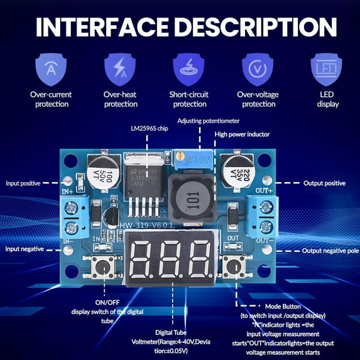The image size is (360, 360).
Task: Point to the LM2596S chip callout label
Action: coord(150,129)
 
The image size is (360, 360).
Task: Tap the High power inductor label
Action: coord(243,134)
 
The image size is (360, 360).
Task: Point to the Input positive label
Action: coord(23,183)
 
